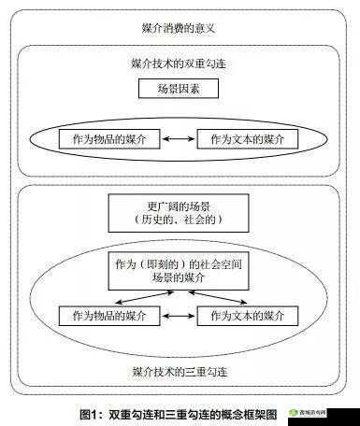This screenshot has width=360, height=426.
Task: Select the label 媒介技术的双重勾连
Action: pyautogui.click(x=178, y=64)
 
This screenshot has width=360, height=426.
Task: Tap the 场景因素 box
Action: pyautogui.click(x=178, y=90)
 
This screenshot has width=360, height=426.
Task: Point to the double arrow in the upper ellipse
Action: pyautogui.click(x=179, y=139)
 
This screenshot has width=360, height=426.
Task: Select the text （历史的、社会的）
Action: pyautogui.click(x=178, y=221)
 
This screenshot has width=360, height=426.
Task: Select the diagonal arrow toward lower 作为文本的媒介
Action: pyautogui.click(x=218, y=297)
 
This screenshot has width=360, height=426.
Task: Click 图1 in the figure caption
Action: pyautogui.click(x=90, y=413)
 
